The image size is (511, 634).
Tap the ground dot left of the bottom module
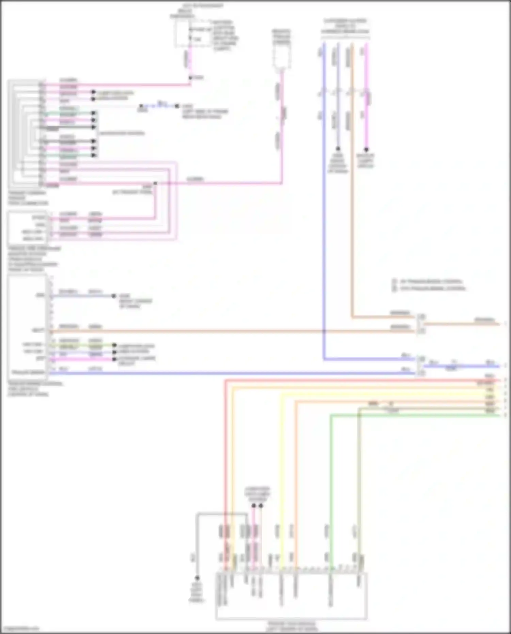click(197, 578)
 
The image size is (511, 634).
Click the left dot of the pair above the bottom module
click(254, 506)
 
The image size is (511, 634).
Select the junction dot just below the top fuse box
click(190, 78)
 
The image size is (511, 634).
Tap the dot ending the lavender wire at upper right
click(338, 149)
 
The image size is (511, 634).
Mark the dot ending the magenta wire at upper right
click(366, 150)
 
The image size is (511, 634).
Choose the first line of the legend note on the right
click(431, 281)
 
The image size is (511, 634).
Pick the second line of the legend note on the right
click(432, 289)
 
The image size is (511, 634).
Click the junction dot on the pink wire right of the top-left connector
click(155, 183)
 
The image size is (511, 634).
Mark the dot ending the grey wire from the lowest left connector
click(114, 296)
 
